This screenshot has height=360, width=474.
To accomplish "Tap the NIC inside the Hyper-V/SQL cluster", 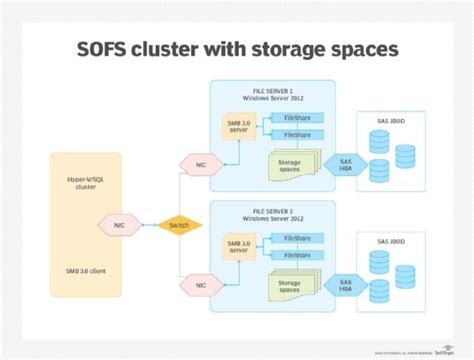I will point(118,225).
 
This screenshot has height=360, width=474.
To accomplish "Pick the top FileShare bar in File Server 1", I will point(297,117).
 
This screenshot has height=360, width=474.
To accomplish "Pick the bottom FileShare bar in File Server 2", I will point(297,254).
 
